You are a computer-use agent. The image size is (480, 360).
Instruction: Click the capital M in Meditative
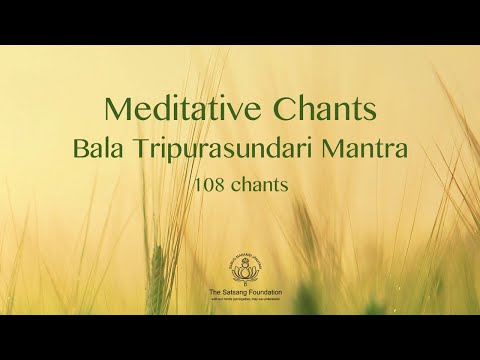[115, 109]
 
